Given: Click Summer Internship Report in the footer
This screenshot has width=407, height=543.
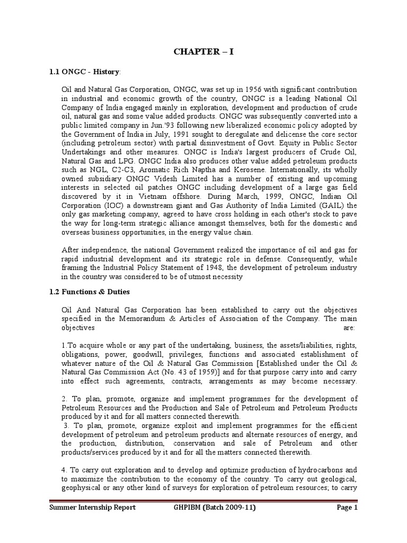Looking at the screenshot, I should coord(92,522).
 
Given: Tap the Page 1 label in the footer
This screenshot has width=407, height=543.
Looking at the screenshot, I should coord(347,522).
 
